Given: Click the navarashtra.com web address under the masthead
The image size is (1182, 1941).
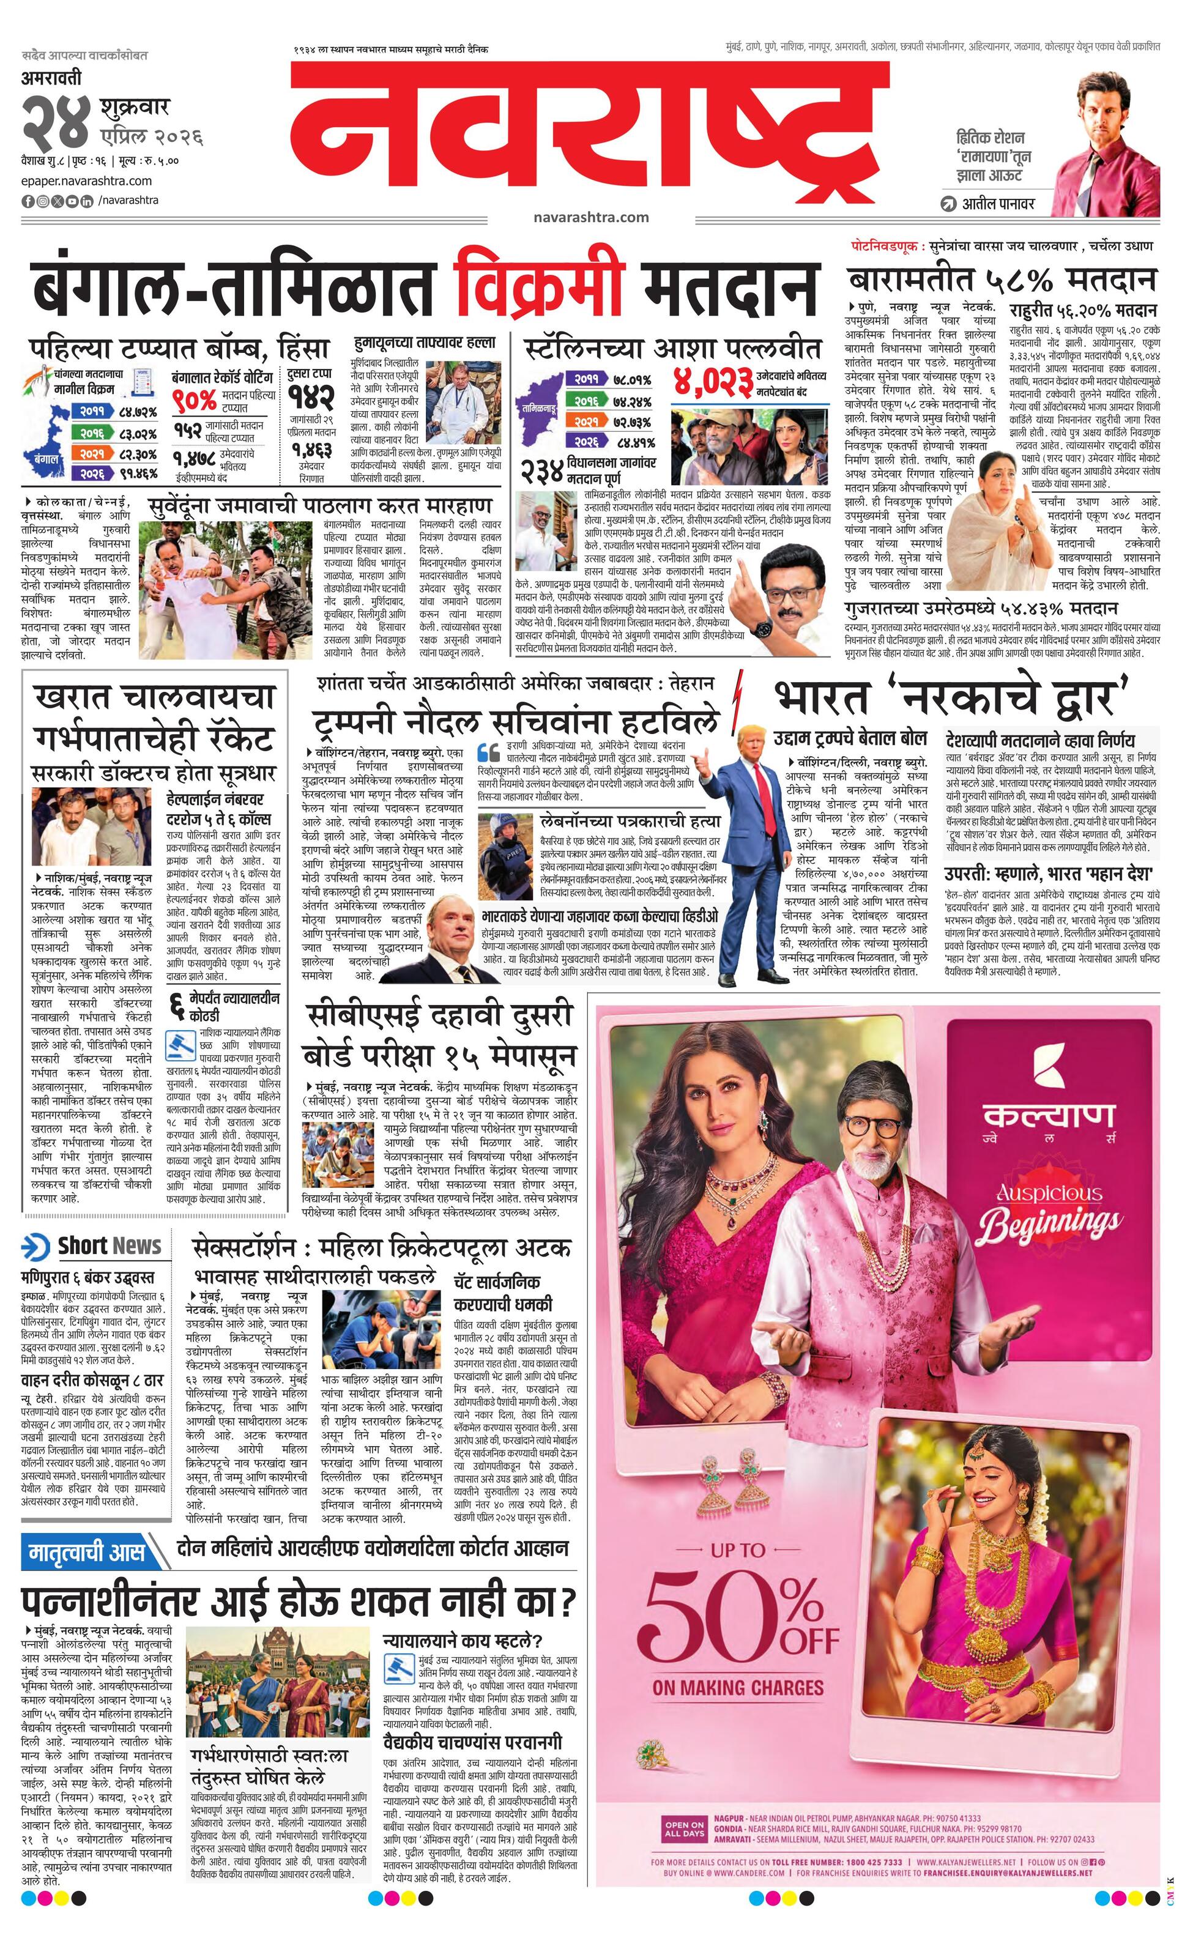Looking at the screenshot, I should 590,217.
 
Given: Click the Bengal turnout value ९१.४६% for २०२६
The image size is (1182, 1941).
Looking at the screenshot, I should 138,473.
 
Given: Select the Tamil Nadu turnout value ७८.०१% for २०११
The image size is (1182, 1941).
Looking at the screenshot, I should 632,380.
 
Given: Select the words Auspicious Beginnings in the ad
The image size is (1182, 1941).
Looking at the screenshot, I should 1049,1213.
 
